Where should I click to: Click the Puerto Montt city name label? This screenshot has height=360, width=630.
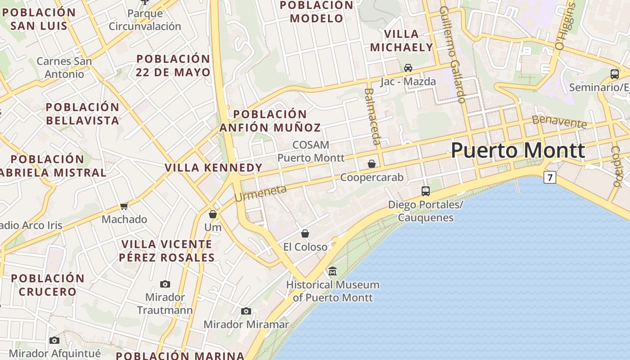pyautogui.click(x=517, y=150)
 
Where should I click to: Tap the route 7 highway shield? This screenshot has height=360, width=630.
pyautogui.click(x=549, y=177)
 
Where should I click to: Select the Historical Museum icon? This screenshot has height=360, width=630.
pyautogui.click(x=333, y=271)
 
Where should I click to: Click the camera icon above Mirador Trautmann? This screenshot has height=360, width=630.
pyautogui.click(x=165, y=284)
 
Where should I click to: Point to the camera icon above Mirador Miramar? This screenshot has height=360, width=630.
pyautogui.click(x=246, y=311)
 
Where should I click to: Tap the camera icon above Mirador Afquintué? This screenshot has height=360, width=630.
pyautogui.click(x=54, y=340)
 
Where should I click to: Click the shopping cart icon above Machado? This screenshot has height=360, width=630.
pyautogui.click(x=124, y=206)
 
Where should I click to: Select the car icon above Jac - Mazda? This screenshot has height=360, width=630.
pyautogui.click(x=408, y=68)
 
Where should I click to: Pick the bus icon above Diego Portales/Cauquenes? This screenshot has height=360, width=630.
pyautogui.click(x=426, y=191)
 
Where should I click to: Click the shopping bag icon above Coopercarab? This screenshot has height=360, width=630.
pyautogui.click(x=372, y=164)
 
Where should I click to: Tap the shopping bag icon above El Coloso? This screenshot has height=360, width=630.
pyautogui.click(x=305, y=234)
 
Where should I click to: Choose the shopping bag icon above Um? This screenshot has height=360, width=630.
pyautogui.click(x=213, y=214)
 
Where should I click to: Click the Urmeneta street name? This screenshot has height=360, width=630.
pyautogui.click(x=261, y=193)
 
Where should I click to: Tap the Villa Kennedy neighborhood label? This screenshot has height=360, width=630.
pyautogui.click(x=213, y=168)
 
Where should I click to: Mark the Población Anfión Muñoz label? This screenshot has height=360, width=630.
pyautogui.click(x=270, y=121)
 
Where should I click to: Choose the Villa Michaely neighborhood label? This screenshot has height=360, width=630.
pyautogui.click(x=401, y=40)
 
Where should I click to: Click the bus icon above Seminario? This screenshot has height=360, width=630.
pyautogui.click(x=615, y=74)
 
